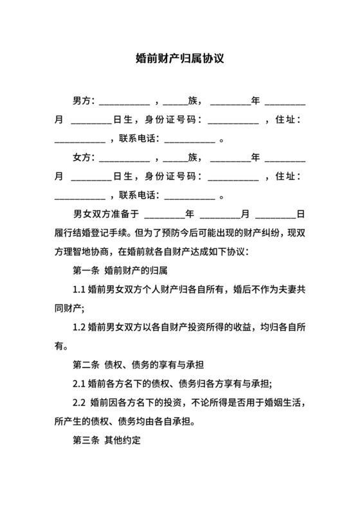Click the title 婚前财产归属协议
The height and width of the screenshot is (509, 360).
[x=179, y=58]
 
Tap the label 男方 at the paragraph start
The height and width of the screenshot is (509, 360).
[x=82, y=101]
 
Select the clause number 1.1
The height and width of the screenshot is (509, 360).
[x=79, y=289]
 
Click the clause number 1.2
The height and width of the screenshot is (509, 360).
[x=79, y=327]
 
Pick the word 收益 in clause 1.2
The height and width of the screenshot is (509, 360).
[x=234, y=327]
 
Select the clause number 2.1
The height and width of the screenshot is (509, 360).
[x=79, y=384]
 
